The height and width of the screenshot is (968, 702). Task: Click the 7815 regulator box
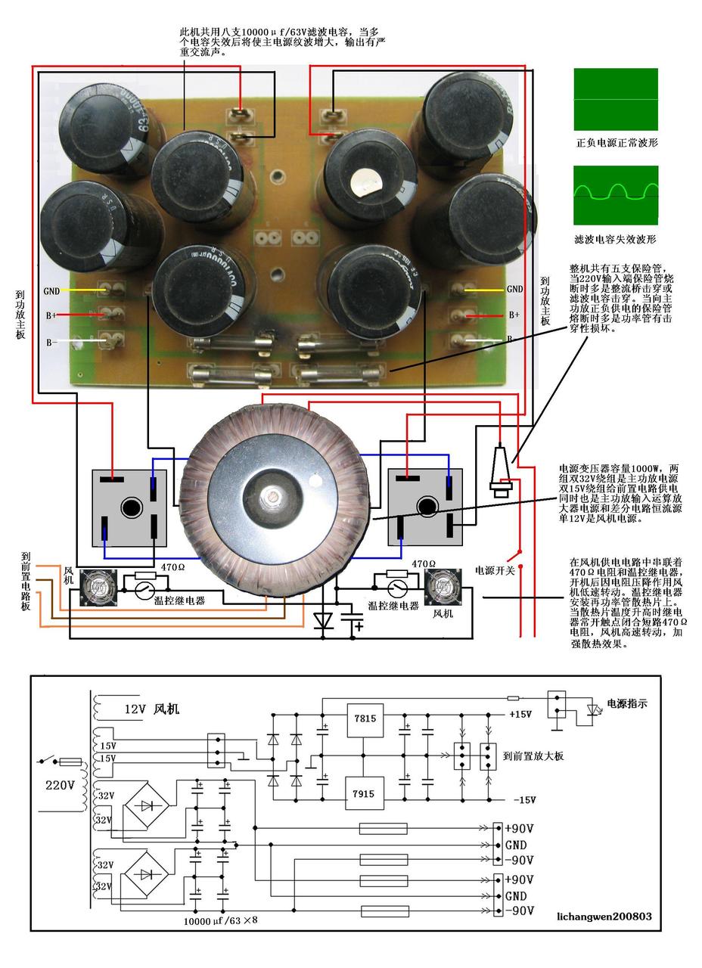(364, 719)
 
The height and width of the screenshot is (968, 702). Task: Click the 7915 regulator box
(364, 793)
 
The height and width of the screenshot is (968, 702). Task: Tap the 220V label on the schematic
(60, 785)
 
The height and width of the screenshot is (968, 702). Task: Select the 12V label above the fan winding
(135, 709)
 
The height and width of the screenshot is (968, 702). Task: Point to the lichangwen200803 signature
(603, 916)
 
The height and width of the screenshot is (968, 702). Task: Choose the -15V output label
(523, 800)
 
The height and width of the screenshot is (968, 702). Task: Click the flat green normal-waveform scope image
(615, 98)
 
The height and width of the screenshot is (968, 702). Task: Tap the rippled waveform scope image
(615, 194)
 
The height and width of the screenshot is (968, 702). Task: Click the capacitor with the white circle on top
(366, 181)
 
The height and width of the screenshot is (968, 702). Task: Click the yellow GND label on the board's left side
(51, 290)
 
